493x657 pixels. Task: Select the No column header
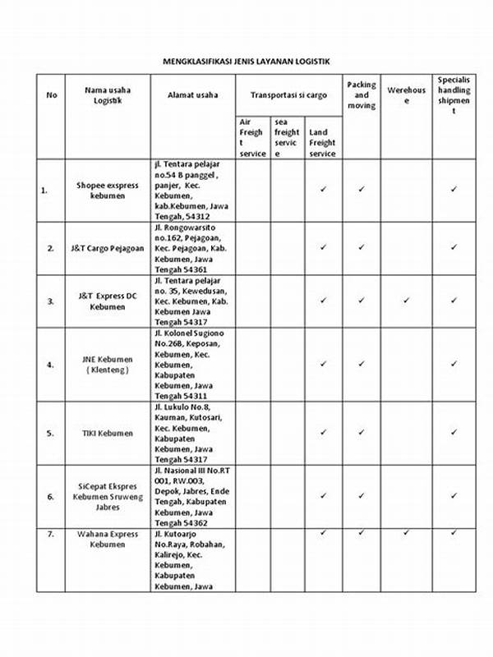(52, 94)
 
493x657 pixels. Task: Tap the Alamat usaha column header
(193, 94)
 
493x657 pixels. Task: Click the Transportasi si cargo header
(288, 94)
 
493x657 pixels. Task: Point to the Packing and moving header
(361, 94)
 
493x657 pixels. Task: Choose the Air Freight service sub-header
(251, 137)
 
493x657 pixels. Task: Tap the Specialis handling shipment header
(454, 94)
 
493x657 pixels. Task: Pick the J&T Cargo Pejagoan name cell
(108, 247)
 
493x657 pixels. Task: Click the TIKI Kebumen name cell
(108, 433)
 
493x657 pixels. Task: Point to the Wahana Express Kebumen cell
(108, 539)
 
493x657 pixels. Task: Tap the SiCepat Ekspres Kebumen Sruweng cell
(108, 497)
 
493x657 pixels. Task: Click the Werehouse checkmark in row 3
(407, 301)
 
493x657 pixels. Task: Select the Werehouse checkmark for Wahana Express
(407, 533)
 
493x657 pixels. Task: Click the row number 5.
(51, 433)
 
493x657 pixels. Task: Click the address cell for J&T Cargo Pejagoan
(193, 247)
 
